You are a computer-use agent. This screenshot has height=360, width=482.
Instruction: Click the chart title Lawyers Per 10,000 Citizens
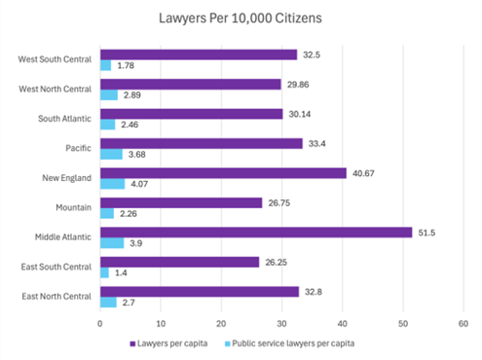point(241,18)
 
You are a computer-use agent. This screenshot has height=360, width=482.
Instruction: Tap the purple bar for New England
point(223,173)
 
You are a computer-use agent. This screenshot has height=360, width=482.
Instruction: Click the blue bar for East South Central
point(104,273)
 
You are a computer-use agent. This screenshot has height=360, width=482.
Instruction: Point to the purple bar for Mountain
point(181,202)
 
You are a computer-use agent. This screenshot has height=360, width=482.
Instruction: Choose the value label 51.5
point(429,232)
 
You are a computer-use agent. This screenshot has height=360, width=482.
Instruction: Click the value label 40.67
point(366,173)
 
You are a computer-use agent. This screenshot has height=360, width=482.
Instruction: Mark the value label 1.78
point(125,66)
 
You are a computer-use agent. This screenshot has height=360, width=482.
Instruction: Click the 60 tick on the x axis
point(463,324)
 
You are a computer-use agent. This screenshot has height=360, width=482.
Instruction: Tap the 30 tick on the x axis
point(281,324)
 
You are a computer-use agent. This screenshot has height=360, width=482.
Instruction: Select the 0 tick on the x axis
point(100,324)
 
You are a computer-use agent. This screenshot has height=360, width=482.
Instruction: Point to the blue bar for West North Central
point(109,95)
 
